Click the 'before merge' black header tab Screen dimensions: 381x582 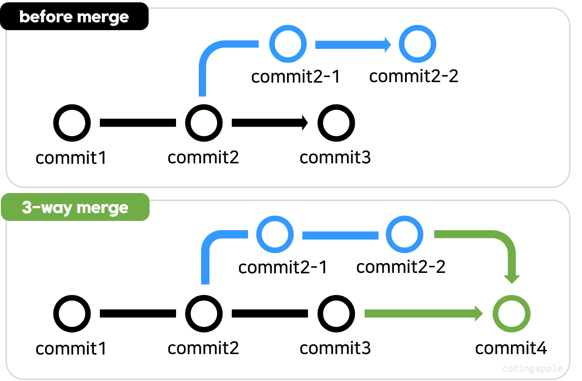click(74, 17)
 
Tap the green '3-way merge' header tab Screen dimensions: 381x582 click(75, 207)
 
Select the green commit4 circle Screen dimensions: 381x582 click(511, 314)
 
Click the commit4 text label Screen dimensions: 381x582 click(511, 348)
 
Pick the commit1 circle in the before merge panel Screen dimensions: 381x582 click(72, 123)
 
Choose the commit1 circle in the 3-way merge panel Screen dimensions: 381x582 click(72, 314)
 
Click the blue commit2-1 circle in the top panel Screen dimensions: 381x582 click(288, 45)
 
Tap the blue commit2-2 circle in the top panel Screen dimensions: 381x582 click(418, 45)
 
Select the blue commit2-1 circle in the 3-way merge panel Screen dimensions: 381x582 click(275, 235)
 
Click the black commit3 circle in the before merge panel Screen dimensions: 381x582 click(336, 123)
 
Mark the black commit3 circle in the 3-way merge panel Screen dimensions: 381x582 click(336, 314)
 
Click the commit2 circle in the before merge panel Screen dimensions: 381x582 click(204, 123)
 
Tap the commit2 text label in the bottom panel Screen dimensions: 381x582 click(203, 348)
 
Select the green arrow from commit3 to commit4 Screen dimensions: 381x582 click(423, 314)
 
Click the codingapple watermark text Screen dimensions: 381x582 click(532, 369)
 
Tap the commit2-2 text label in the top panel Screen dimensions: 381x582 click(414, 76)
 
